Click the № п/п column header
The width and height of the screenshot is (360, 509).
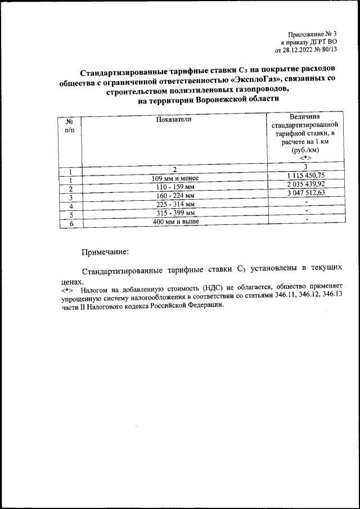coord(70,125)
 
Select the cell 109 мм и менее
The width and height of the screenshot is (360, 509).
coord(175,179)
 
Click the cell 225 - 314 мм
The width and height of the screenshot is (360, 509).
coord(175,204)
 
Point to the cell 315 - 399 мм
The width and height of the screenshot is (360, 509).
coord(175,213)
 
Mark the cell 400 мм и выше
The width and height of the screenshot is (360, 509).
coord(175,222)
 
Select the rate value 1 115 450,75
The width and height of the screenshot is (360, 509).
coord(305,176)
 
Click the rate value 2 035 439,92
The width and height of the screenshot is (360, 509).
coord(305,184)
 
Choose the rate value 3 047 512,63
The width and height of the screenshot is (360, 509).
coord(305,193)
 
